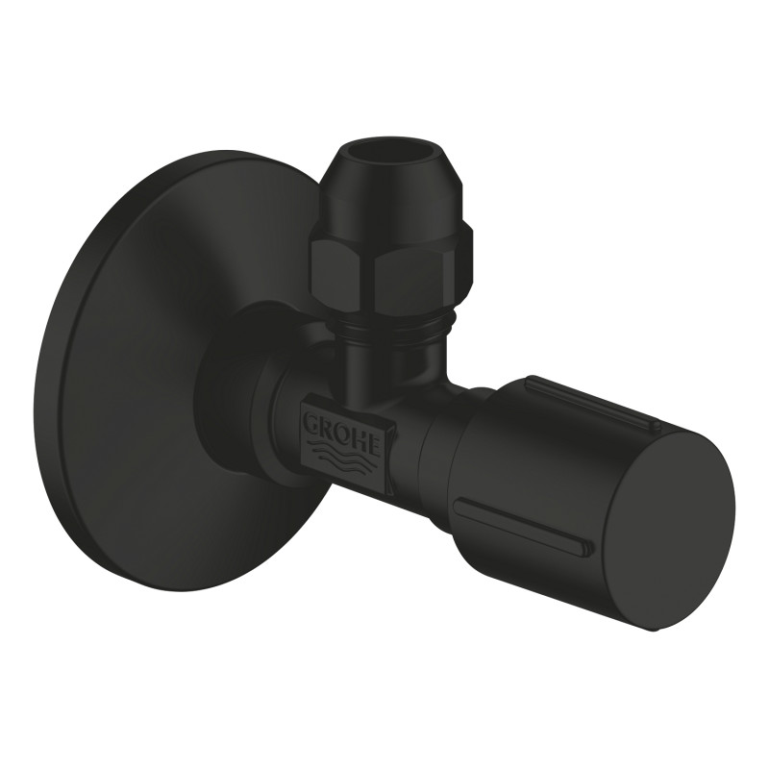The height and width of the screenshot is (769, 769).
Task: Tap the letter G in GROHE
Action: coord(314,418)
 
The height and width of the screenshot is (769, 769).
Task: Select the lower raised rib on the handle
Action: coord(519,525)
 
